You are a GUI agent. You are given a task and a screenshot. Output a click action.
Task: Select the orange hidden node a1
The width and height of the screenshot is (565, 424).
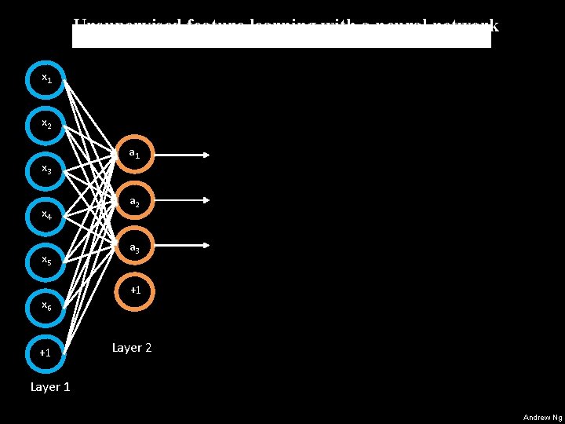(x=134, y=155)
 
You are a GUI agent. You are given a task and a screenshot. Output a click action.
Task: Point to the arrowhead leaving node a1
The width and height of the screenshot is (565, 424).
(x=206, y=155)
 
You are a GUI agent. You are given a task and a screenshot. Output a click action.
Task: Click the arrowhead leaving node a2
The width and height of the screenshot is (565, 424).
(x=206, y=201)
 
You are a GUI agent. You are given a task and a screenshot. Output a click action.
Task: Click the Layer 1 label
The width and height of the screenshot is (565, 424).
(x=49, y=386)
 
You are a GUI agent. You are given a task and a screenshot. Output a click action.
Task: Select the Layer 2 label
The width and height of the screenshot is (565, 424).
(x=132, y=347)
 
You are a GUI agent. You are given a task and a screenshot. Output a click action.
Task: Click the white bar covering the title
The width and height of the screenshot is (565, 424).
(x=281, y=36)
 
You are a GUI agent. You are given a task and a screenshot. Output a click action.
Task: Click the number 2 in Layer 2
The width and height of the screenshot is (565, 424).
(x=148, y=347)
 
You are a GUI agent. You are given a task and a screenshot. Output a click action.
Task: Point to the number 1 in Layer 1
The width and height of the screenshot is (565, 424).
(x=67, y=386)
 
